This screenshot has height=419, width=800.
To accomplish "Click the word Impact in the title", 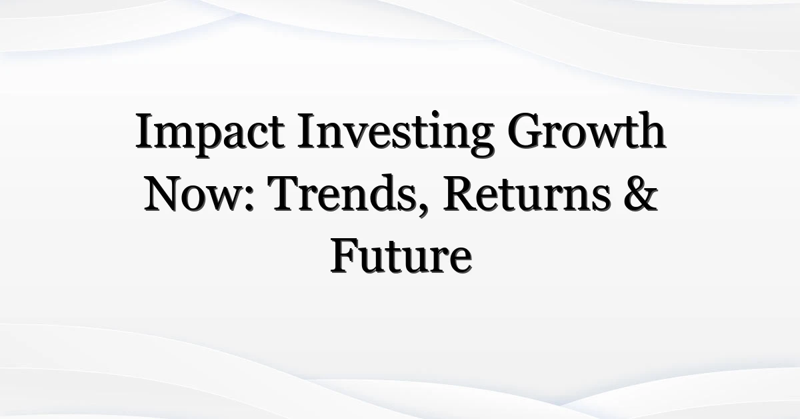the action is coord(210,134).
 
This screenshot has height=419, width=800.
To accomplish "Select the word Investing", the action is coord(395,134).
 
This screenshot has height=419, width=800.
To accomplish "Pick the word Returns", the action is coord(526,194).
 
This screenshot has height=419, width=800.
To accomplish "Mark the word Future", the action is coord(401,256).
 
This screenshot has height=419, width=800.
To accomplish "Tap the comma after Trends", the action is coord(423,212).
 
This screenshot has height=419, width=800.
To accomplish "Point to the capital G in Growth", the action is coord(527,131).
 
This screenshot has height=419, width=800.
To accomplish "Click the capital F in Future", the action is coord(346,256).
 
